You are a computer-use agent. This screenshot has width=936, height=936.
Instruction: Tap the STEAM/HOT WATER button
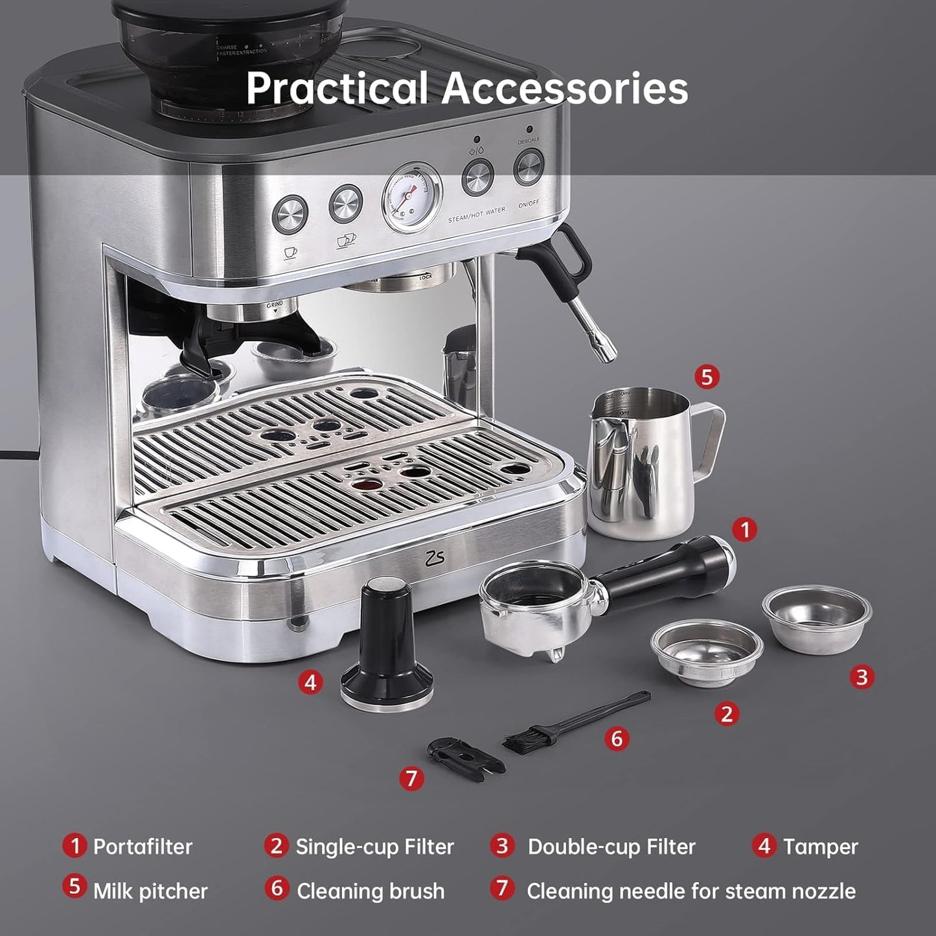coord(477,176)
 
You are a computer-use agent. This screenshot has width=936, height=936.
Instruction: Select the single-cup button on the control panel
coord(290,214)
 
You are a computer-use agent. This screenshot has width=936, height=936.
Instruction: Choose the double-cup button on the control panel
coord(345,204)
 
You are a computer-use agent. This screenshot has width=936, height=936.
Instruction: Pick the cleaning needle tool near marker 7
coord(464,755)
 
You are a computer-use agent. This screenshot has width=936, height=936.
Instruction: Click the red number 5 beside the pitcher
coord(707,377)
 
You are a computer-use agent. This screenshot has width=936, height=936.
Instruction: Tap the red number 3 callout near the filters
coord(862,677)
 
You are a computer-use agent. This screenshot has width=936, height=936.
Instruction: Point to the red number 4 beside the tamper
coord(311,681)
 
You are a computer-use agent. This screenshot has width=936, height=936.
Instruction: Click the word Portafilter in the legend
coord(143,847)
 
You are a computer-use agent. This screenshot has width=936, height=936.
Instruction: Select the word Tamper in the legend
coord(820,847)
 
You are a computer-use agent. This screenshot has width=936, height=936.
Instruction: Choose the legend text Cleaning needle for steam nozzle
coord(691,891)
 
